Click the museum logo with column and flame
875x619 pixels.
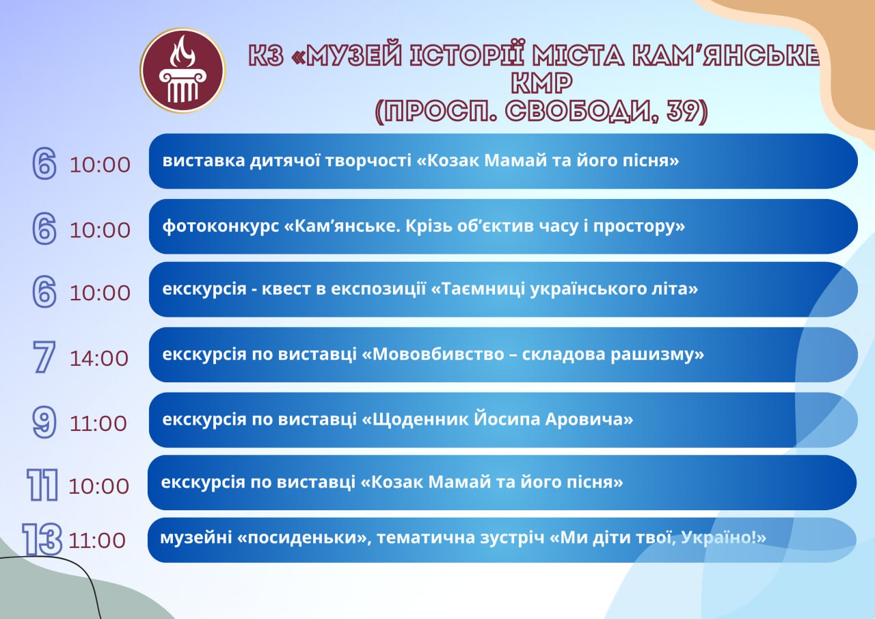[x=183, y=70]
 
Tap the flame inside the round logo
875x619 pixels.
[x=182, y=52]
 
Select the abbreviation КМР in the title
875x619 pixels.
[x=541, y=83]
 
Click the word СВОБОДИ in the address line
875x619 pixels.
[x=578, y=111]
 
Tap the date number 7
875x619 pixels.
[x=44, y=356]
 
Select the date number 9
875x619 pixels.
[x=44, y=422]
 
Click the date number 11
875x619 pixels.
[x=42, y=485]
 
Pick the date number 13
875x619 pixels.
[x=42, y=539]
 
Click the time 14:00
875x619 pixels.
[x=99, y=358]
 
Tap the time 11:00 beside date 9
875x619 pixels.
[x=98, y=423]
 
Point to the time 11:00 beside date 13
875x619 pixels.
[x=97, y=541]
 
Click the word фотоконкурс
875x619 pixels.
[x=221, y=226]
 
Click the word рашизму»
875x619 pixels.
[x=658, y=355]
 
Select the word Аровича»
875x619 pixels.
[x=589, y=420]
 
